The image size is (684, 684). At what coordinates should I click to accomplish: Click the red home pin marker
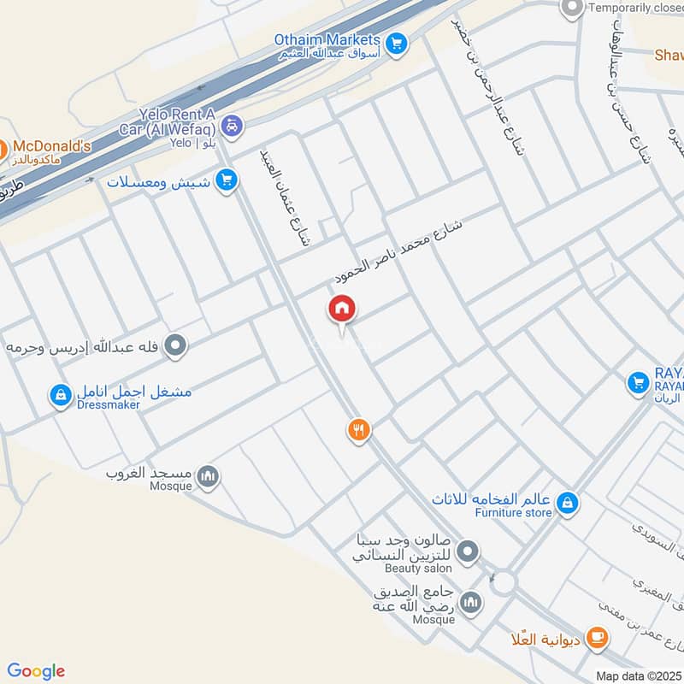(x=343, y=310)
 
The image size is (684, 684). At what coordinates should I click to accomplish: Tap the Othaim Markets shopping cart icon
(x=395, y=43)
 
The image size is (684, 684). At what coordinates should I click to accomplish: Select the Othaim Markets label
(x=327, y=39)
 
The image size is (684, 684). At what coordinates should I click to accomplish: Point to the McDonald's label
(x=51, y=147)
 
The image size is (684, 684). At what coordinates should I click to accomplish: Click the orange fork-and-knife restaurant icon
(x=359, y=431)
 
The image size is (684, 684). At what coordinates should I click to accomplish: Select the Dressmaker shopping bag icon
(x=60, y=395)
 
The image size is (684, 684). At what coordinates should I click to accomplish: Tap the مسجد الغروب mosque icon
(x=208, y=476)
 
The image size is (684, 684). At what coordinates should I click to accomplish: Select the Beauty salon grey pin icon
(x=467, y=554)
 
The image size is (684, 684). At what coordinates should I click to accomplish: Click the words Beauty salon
(x=418, y=569)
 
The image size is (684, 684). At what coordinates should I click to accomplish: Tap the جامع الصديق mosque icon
(x=470, y=604)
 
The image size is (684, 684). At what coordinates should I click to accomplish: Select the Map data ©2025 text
(x=637, y=676)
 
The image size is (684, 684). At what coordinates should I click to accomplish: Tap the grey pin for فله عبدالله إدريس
(x=176, y=346)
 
